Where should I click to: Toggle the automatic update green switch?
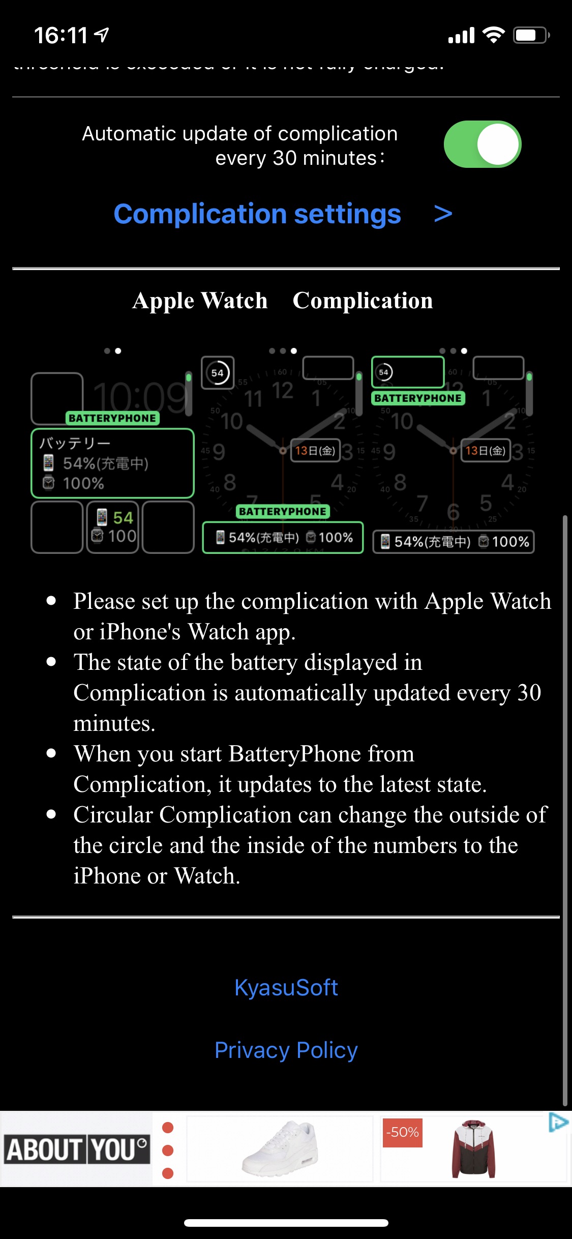(482, 144)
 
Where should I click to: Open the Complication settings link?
(257, 214)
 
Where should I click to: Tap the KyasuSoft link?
(286, 988)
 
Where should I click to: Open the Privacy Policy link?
(286, 1050)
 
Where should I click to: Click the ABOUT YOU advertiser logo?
(77, 1149)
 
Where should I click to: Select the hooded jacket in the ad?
(473, 1149)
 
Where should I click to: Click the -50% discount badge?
(402, 1132)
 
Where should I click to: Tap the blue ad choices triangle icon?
(558, 1122)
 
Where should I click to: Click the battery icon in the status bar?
(531, 35)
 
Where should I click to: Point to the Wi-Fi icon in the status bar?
(493, 35)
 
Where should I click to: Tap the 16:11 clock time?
(61, 36)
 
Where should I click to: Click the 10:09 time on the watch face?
(140, 396)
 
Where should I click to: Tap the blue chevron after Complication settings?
(443, 214)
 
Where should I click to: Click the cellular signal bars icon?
(461, 36)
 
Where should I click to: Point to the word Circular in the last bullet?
(113, 815)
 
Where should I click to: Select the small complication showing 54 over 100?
(113, 527)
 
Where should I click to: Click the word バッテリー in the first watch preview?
(75, 443)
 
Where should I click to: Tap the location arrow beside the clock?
(102, 35)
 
